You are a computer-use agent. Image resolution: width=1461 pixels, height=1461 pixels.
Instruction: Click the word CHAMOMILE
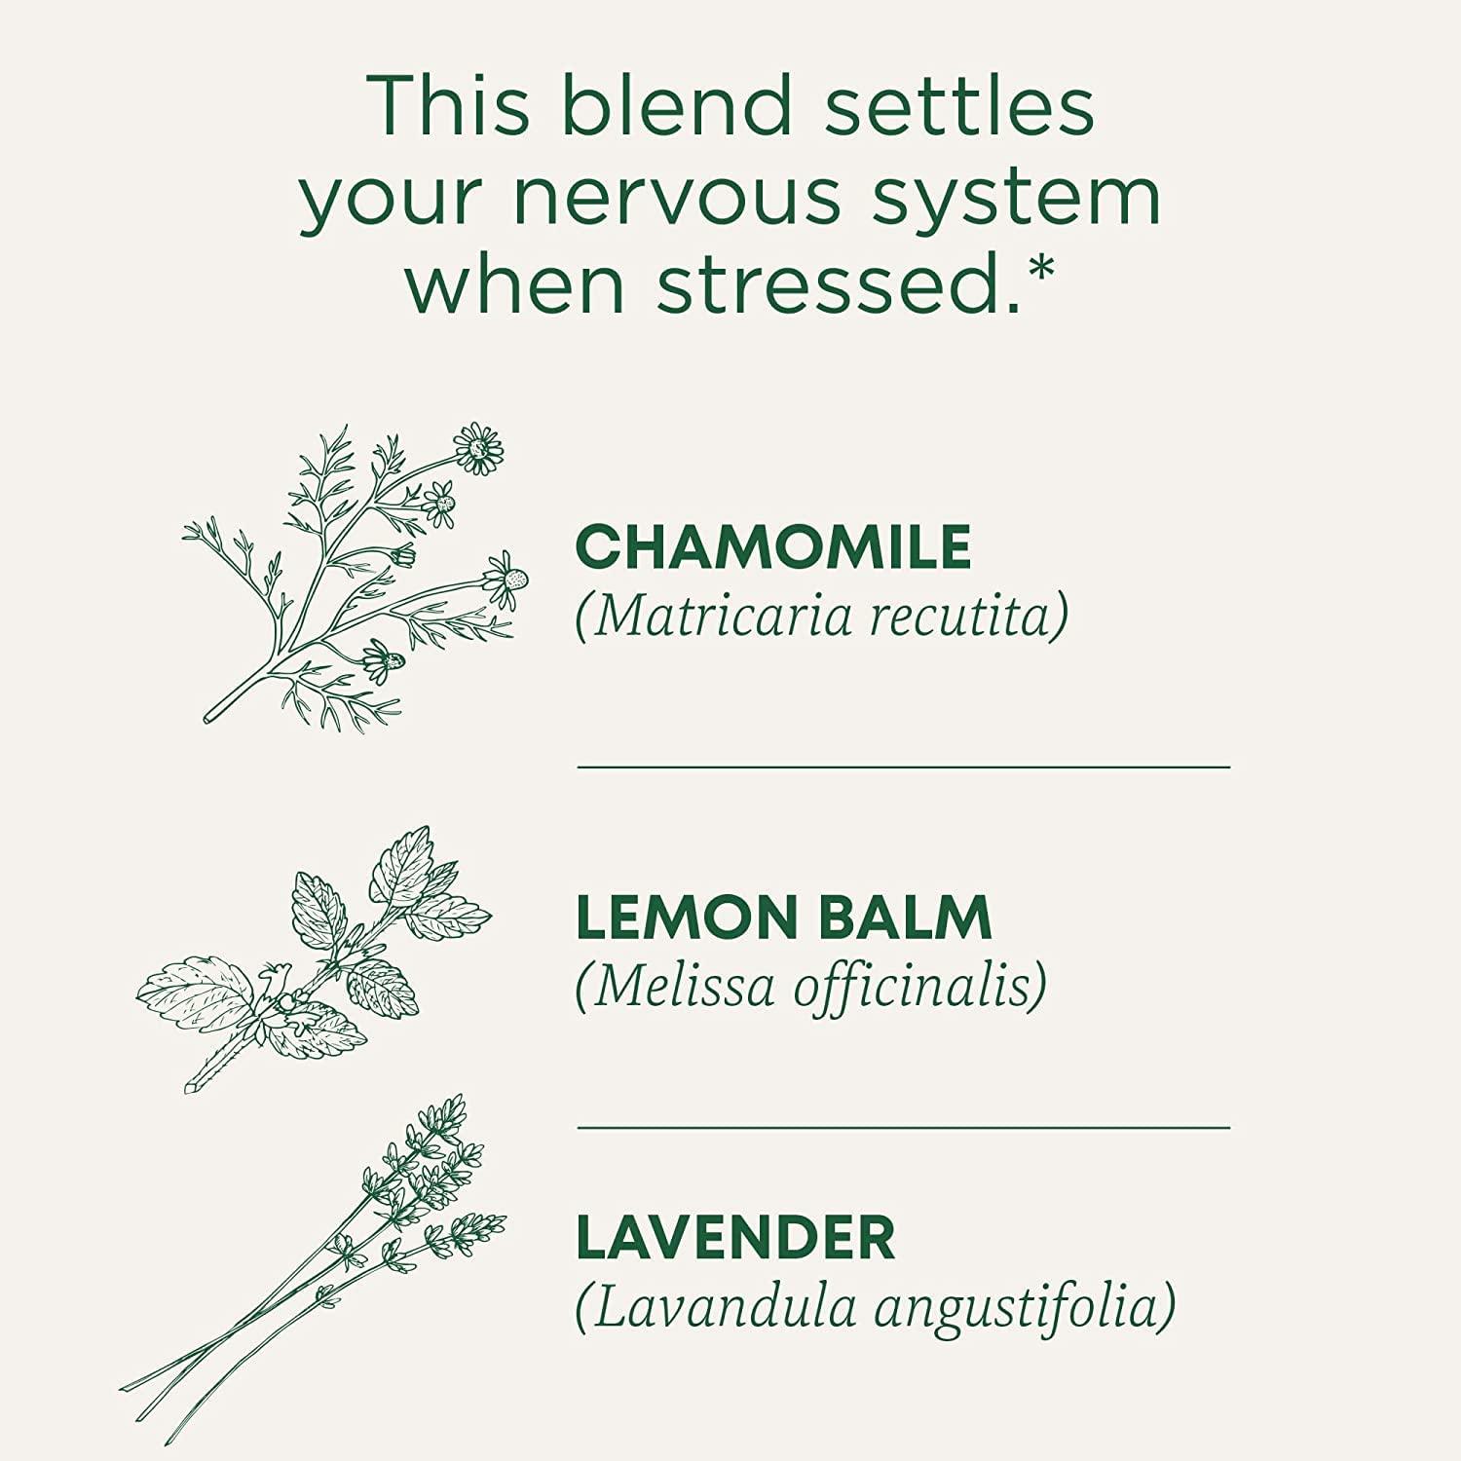[x=772, y=546]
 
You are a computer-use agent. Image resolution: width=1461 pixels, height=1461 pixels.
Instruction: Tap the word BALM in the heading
[x=903, y=918]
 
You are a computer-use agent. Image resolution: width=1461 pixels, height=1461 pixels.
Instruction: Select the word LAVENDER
[x=735, y=1238]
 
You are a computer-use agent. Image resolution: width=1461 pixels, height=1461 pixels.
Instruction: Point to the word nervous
[x=676, y=197]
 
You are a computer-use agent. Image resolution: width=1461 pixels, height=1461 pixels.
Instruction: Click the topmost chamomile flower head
[x=478, y=448]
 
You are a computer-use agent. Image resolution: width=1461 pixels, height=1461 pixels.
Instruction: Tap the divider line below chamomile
[x=903, y=768]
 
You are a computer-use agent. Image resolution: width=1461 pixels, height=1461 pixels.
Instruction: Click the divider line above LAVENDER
[x=903, y=1128]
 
